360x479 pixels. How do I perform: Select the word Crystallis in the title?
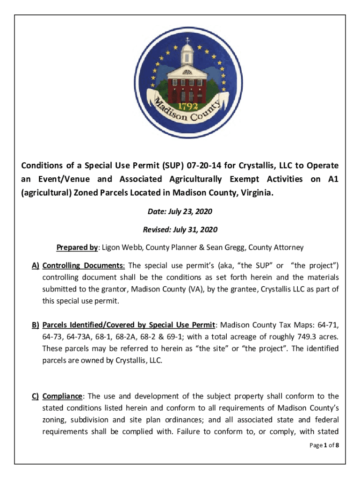click(259, 166)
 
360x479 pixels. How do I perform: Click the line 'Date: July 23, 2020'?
click(180, 212)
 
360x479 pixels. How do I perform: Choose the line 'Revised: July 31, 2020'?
click(180, 230)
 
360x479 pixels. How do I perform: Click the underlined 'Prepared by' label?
click(78, 247)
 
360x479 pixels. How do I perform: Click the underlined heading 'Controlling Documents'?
click(83, 266)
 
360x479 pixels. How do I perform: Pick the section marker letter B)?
click(35, 325)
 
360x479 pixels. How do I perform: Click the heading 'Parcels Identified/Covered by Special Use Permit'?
click(129, 325)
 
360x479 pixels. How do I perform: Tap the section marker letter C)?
click(35, 396)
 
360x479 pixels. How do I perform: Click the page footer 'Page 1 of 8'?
click(324, 445)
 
